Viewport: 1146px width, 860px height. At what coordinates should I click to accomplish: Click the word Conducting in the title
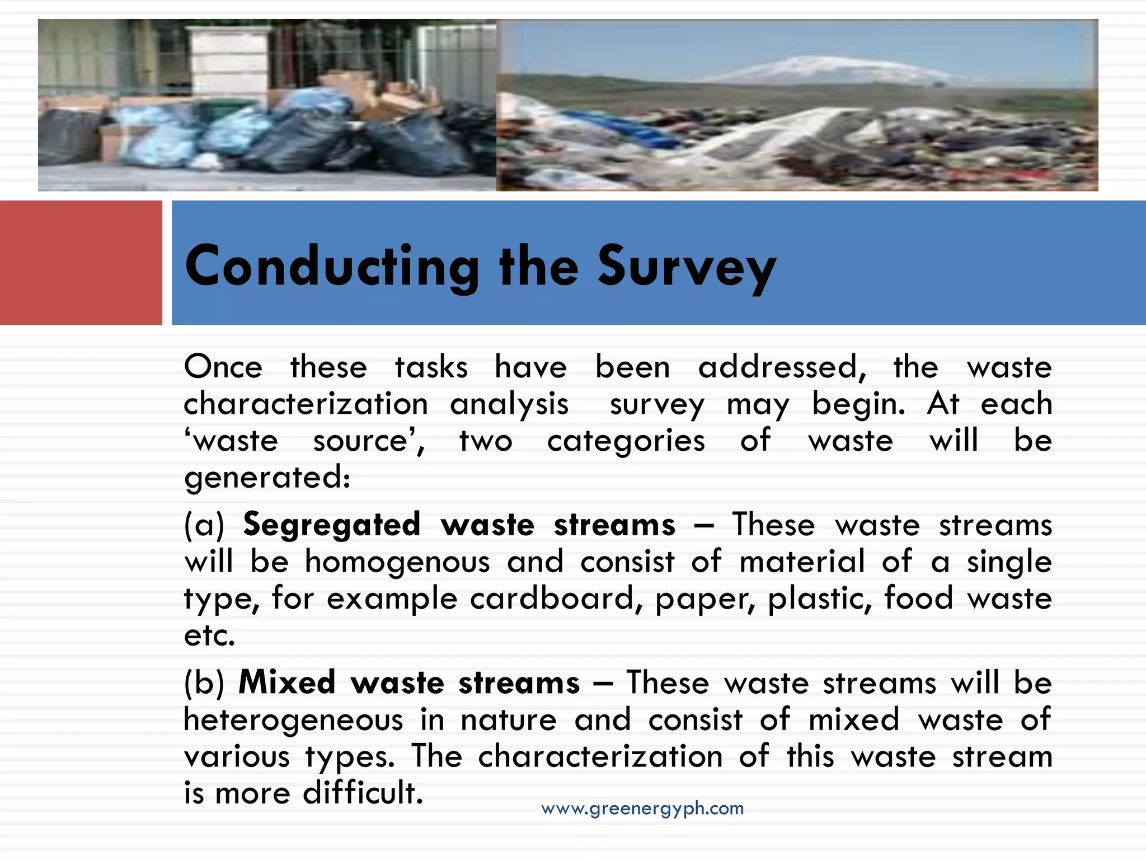[x=331, y=267]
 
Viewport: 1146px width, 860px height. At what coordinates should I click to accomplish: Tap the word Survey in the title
[x=686, y=267]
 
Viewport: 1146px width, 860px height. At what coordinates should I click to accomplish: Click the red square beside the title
[x=81, y=263]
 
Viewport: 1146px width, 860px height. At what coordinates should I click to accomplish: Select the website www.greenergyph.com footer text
[x=642, y=808]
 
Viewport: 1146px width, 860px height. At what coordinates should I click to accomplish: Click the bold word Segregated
[x=331, y=525]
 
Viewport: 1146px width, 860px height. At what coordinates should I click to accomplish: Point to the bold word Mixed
[x=286, y=683]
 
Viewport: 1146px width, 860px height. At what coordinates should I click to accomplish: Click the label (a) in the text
[x=204, y=525]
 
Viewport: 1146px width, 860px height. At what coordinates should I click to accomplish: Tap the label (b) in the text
[x=204, y=683]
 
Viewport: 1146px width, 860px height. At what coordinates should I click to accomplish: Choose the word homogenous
[x=397, y=562]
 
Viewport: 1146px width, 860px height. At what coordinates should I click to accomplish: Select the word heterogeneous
[x=293, y=720]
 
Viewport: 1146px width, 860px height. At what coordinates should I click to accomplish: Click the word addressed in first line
[x=781, y=368]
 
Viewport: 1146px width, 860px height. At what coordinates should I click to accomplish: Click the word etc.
[x=209, y=635]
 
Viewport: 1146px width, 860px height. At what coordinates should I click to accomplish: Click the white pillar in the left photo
[x=229, y=62]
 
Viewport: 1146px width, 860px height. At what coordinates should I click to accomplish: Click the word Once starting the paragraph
[x=223, y=368]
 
